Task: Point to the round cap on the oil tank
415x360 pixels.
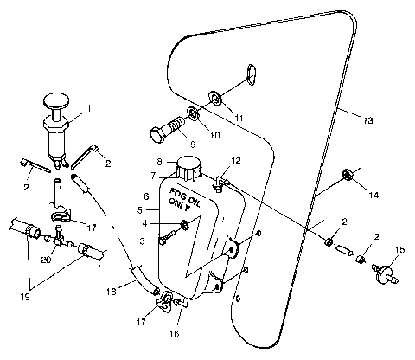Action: click(x=188, y=167)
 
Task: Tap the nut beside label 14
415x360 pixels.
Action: click(x=350, y=176)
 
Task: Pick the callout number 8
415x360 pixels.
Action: click(x=158, y=162)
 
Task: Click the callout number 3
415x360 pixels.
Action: click(x=144, y=241)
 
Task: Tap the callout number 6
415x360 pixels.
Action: click(x=146, y=196)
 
